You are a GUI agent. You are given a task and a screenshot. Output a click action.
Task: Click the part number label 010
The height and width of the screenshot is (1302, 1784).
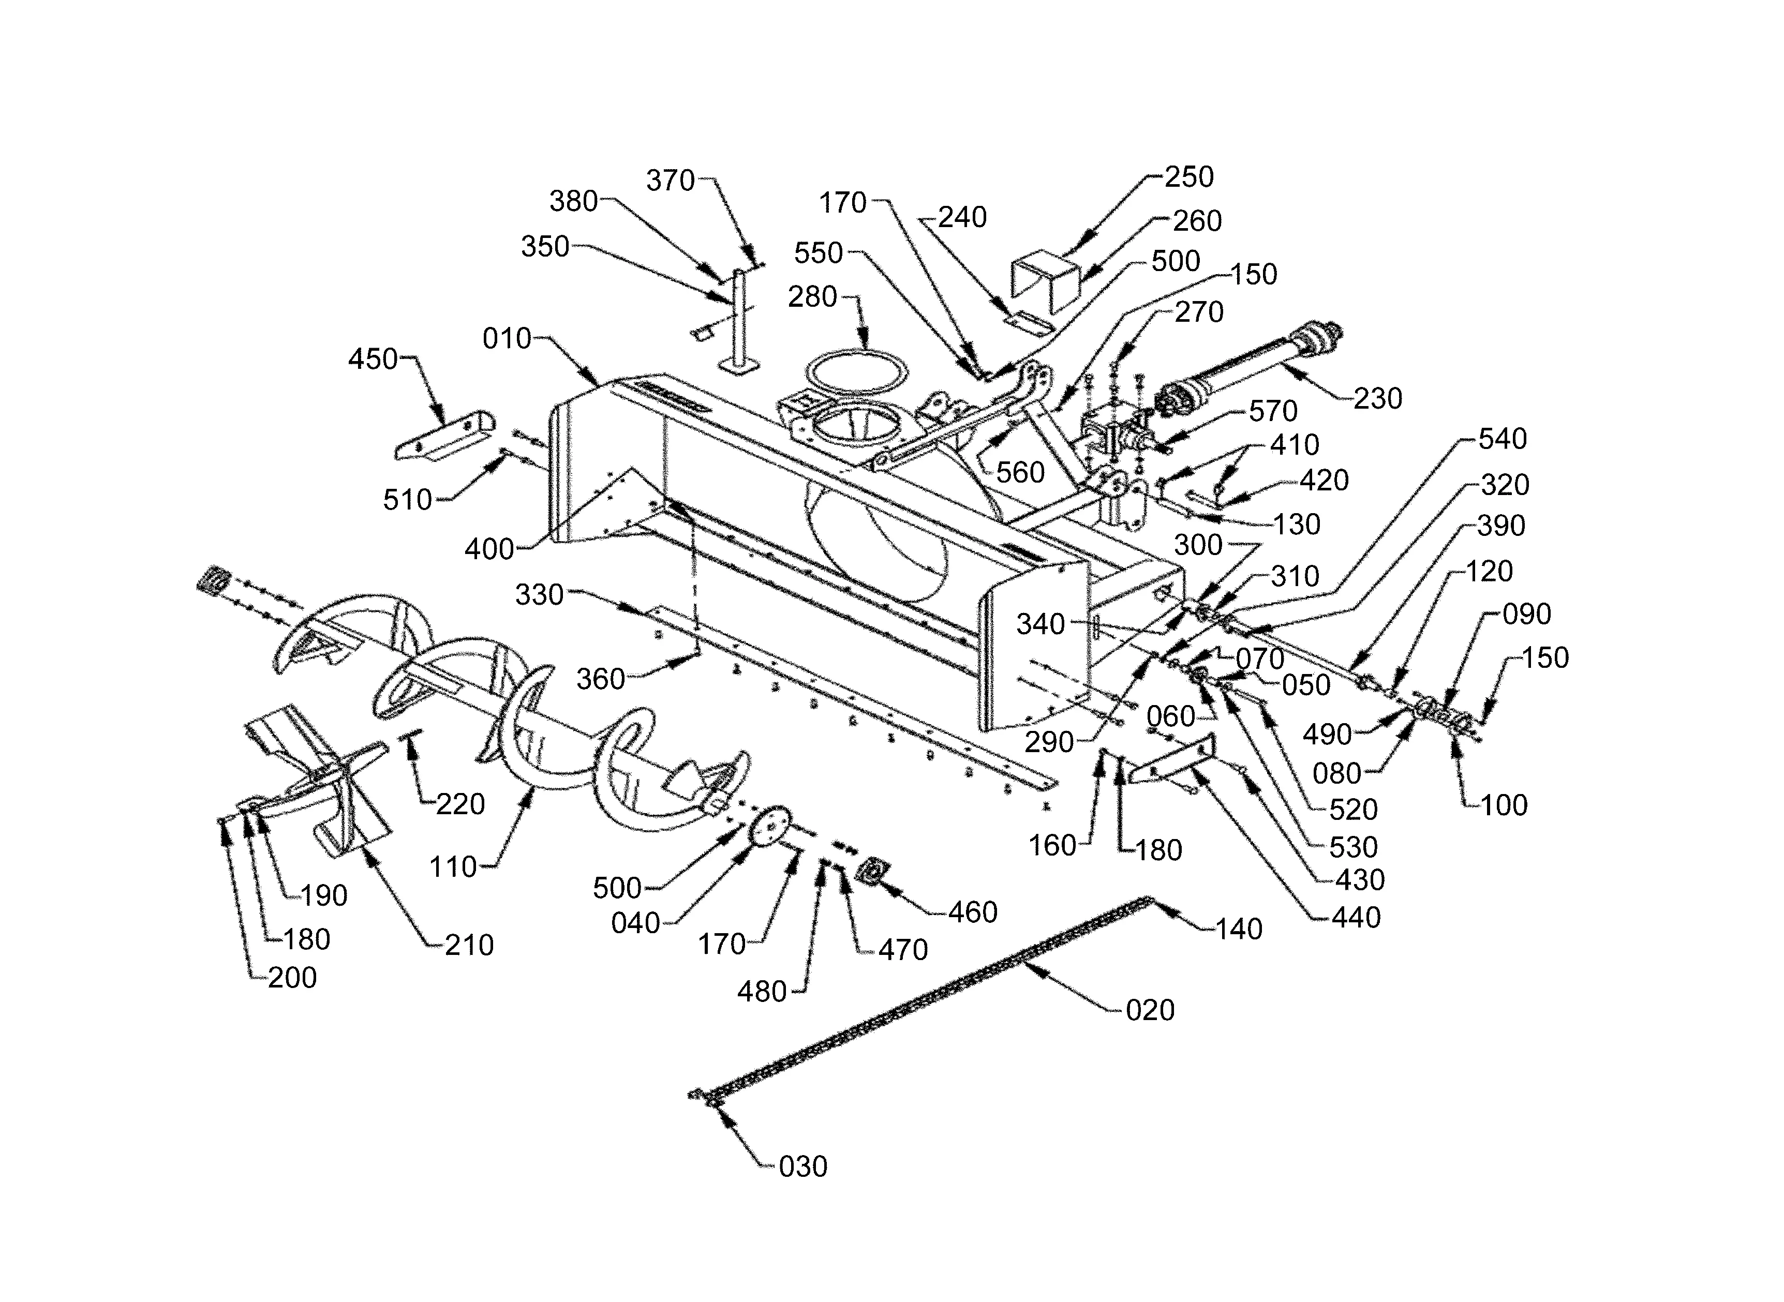507,339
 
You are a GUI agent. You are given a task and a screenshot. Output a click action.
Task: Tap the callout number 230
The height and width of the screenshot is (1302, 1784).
1378,399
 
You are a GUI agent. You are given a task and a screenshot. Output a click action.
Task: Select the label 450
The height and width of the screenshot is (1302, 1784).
373,360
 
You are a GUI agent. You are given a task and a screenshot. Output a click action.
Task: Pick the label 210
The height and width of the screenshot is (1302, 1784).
469,945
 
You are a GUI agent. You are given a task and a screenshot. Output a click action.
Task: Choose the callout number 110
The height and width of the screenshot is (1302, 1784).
453,867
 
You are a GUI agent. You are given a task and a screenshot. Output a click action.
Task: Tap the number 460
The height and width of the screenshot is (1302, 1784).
973,912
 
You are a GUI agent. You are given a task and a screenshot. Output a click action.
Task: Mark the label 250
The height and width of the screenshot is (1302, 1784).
1189,177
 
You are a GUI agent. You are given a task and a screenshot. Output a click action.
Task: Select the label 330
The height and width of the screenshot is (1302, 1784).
539,595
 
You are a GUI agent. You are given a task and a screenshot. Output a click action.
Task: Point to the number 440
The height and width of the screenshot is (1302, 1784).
1356,917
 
